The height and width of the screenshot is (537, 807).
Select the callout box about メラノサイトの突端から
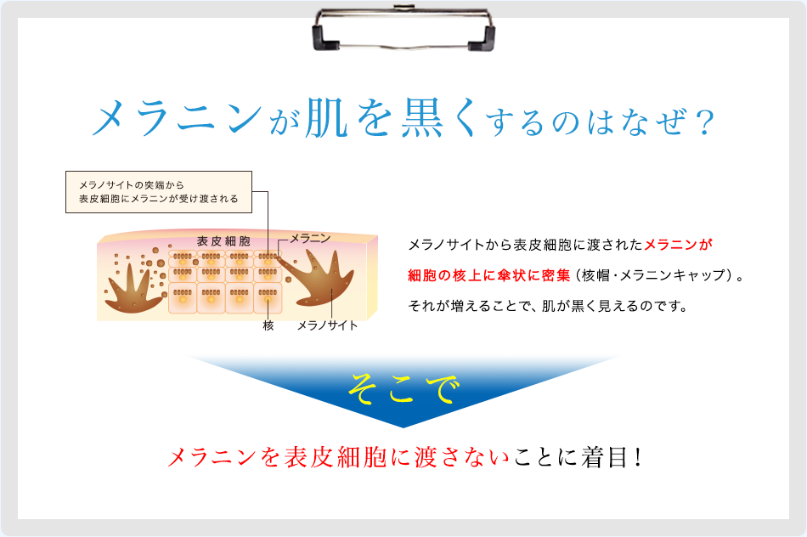tap(159, 191)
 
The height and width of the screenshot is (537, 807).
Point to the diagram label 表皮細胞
tap(223, 241)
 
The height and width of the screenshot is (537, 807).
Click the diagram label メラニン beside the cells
tap(310, 239)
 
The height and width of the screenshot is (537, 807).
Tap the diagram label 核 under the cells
tap(268, 325)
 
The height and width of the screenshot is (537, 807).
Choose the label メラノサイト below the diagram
tap(327, 325)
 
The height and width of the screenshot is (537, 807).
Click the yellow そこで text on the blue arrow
tap(403, 390)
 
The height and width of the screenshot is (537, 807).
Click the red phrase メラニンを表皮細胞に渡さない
tap(340, 457)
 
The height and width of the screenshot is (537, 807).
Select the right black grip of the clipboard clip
tap(485, 35)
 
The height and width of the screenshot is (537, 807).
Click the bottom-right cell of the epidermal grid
tap(268, 300)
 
